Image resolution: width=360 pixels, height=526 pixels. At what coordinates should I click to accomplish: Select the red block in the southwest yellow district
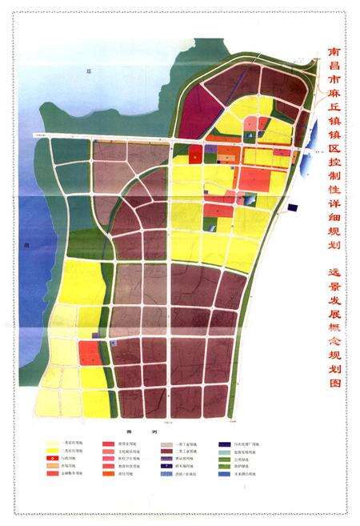click(90, 352)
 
